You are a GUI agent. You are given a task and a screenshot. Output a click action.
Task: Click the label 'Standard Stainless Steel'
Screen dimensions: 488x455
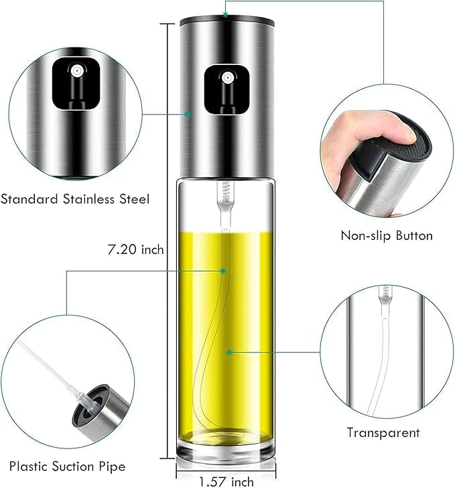coord(74,199)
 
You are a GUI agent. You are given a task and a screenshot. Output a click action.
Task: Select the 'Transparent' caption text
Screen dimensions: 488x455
coord(383,432)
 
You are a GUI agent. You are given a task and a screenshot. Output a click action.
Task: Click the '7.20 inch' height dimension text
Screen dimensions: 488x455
coord(137,250)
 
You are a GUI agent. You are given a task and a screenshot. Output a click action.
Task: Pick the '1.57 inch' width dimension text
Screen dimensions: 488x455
coord(226,481)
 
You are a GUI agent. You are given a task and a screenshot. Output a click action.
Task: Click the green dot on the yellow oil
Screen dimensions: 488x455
coord(229,351)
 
